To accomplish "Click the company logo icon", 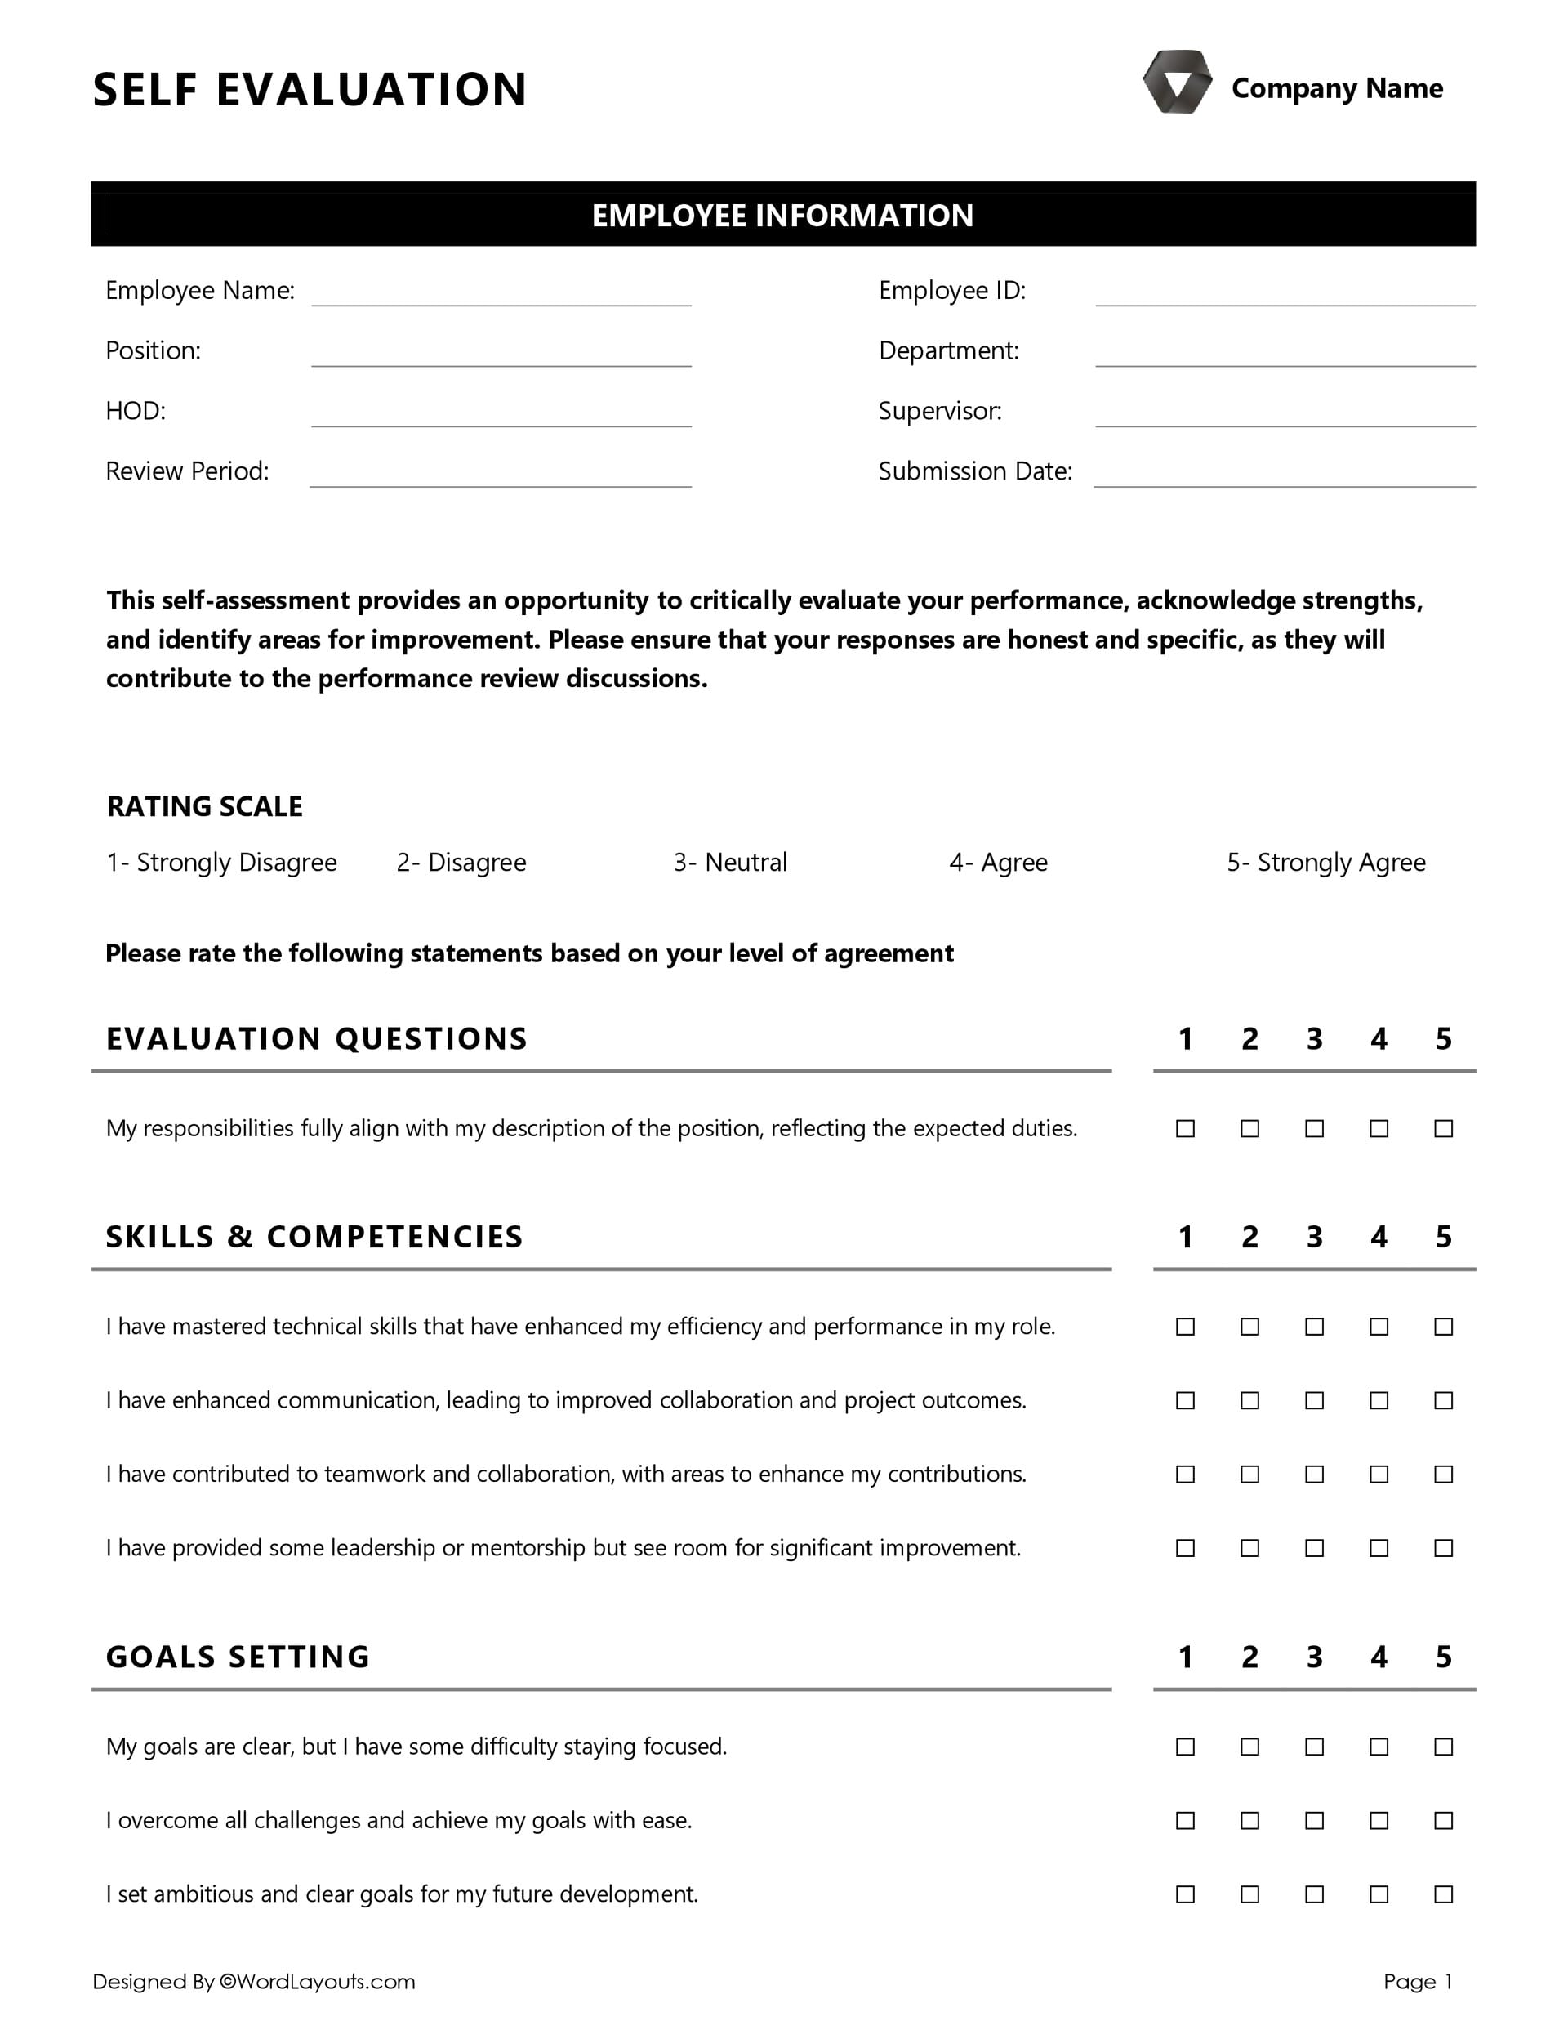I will pyautogui.click(x=1177, y=83).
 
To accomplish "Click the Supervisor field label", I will pyautogui.click(x=940, y=411).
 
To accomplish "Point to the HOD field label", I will pyautogui.click(x=136, y=411).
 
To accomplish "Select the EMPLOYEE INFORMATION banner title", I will pyautogui.click(x=782, y=216).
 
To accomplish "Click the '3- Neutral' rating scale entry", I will pyautogui.click(x=729, y=863).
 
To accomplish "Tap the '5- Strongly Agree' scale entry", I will pyautogui.click(x=1325, y=863).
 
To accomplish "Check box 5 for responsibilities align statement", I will pyautogui.click(x=1442, y=1128).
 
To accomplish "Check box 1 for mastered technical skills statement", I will pyautogui.click(x=1185, y=1327).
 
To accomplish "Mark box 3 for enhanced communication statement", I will pyautogui.click(x=1314, y=1400).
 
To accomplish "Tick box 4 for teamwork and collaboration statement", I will pyautogui.click(x=1379, y=1475).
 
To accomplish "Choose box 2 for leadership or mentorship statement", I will pyautogui.click(x=1250, y=1547).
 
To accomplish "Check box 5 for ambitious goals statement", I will pyautogui.click(x=1442, y=1894).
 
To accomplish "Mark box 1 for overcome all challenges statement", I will pyautogui.click(x=1185, y=1820).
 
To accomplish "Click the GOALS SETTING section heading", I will pyautogui.click(x=238, y=1657).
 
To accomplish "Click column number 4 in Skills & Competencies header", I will pyautogui.click(x=1379, y=1237).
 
